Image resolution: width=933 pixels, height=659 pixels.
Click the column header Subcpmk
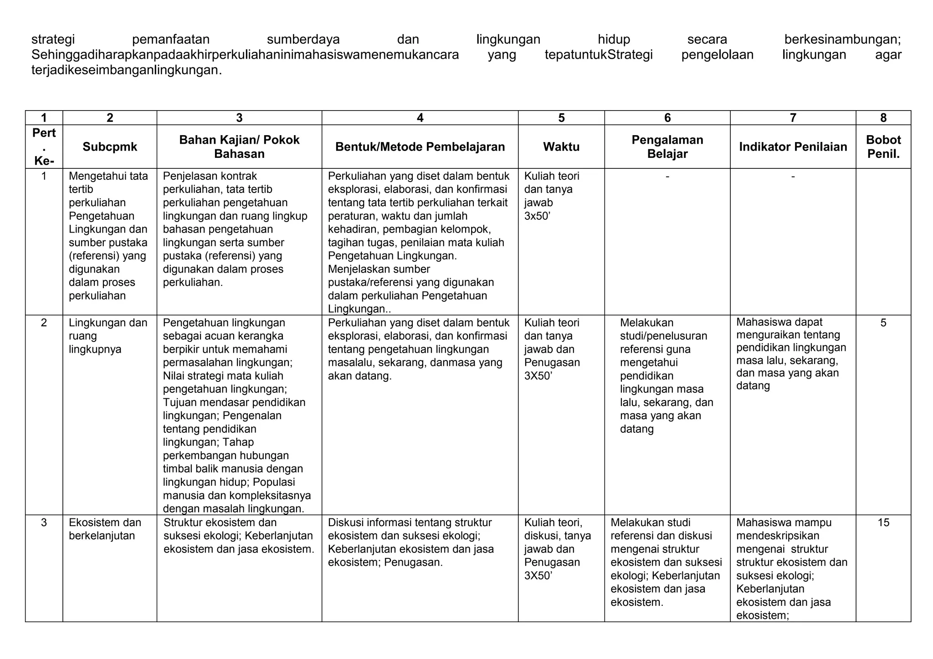110,147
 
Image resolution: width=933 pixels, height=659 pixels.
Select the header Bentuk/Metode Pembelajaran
420,147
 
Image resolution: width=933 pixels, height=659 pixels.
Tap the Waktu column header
561,147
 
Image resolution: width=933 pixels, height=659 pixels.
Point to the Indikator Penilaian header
793,147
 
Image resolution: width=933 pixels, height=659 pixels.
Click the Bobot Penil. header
883,147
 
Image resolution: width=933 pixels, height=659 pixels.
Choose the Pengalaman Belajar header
667,147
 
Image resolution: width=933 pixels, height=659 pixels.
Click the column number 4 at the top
420,118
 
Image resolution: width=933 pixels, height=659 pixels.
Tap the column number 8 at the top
883,118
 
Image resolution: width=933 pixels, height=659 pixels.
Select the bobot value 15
883,522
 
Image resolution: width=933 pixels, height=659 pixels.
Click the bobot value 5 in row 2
883,323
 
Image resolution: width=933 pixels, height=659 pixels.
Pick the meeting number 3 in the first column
44,522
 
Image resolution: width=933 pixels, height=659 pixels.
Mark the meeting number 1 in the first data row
44,176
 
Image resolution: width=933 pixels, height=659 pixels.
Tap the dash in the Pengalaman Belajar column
667,176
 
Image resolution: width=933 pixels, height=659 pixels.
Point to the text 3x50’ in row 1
537,216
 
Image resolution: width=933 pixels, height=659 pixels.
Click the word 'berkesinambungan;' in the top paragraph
842,40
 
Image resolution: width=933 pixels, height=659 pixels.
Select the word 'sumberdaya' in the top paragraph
303,40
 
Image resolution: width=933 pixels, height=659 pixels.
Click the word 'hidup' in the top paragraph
614,40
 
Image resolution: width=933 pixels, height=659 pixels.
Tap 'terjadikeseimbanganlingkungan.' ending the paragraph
127,71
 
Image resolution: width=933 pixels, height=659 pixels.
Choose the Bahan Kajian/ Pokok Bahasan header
239,147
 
